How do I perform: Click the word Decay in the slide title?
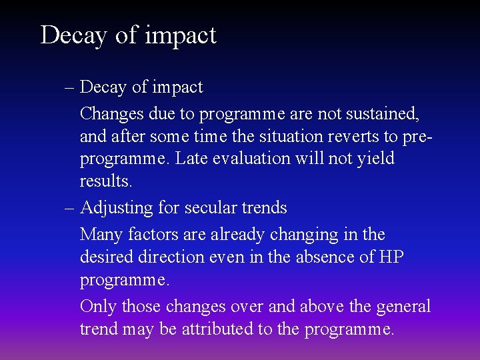71,35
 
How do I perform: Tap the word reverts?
353,137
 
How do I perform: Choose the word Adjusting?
116,208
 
